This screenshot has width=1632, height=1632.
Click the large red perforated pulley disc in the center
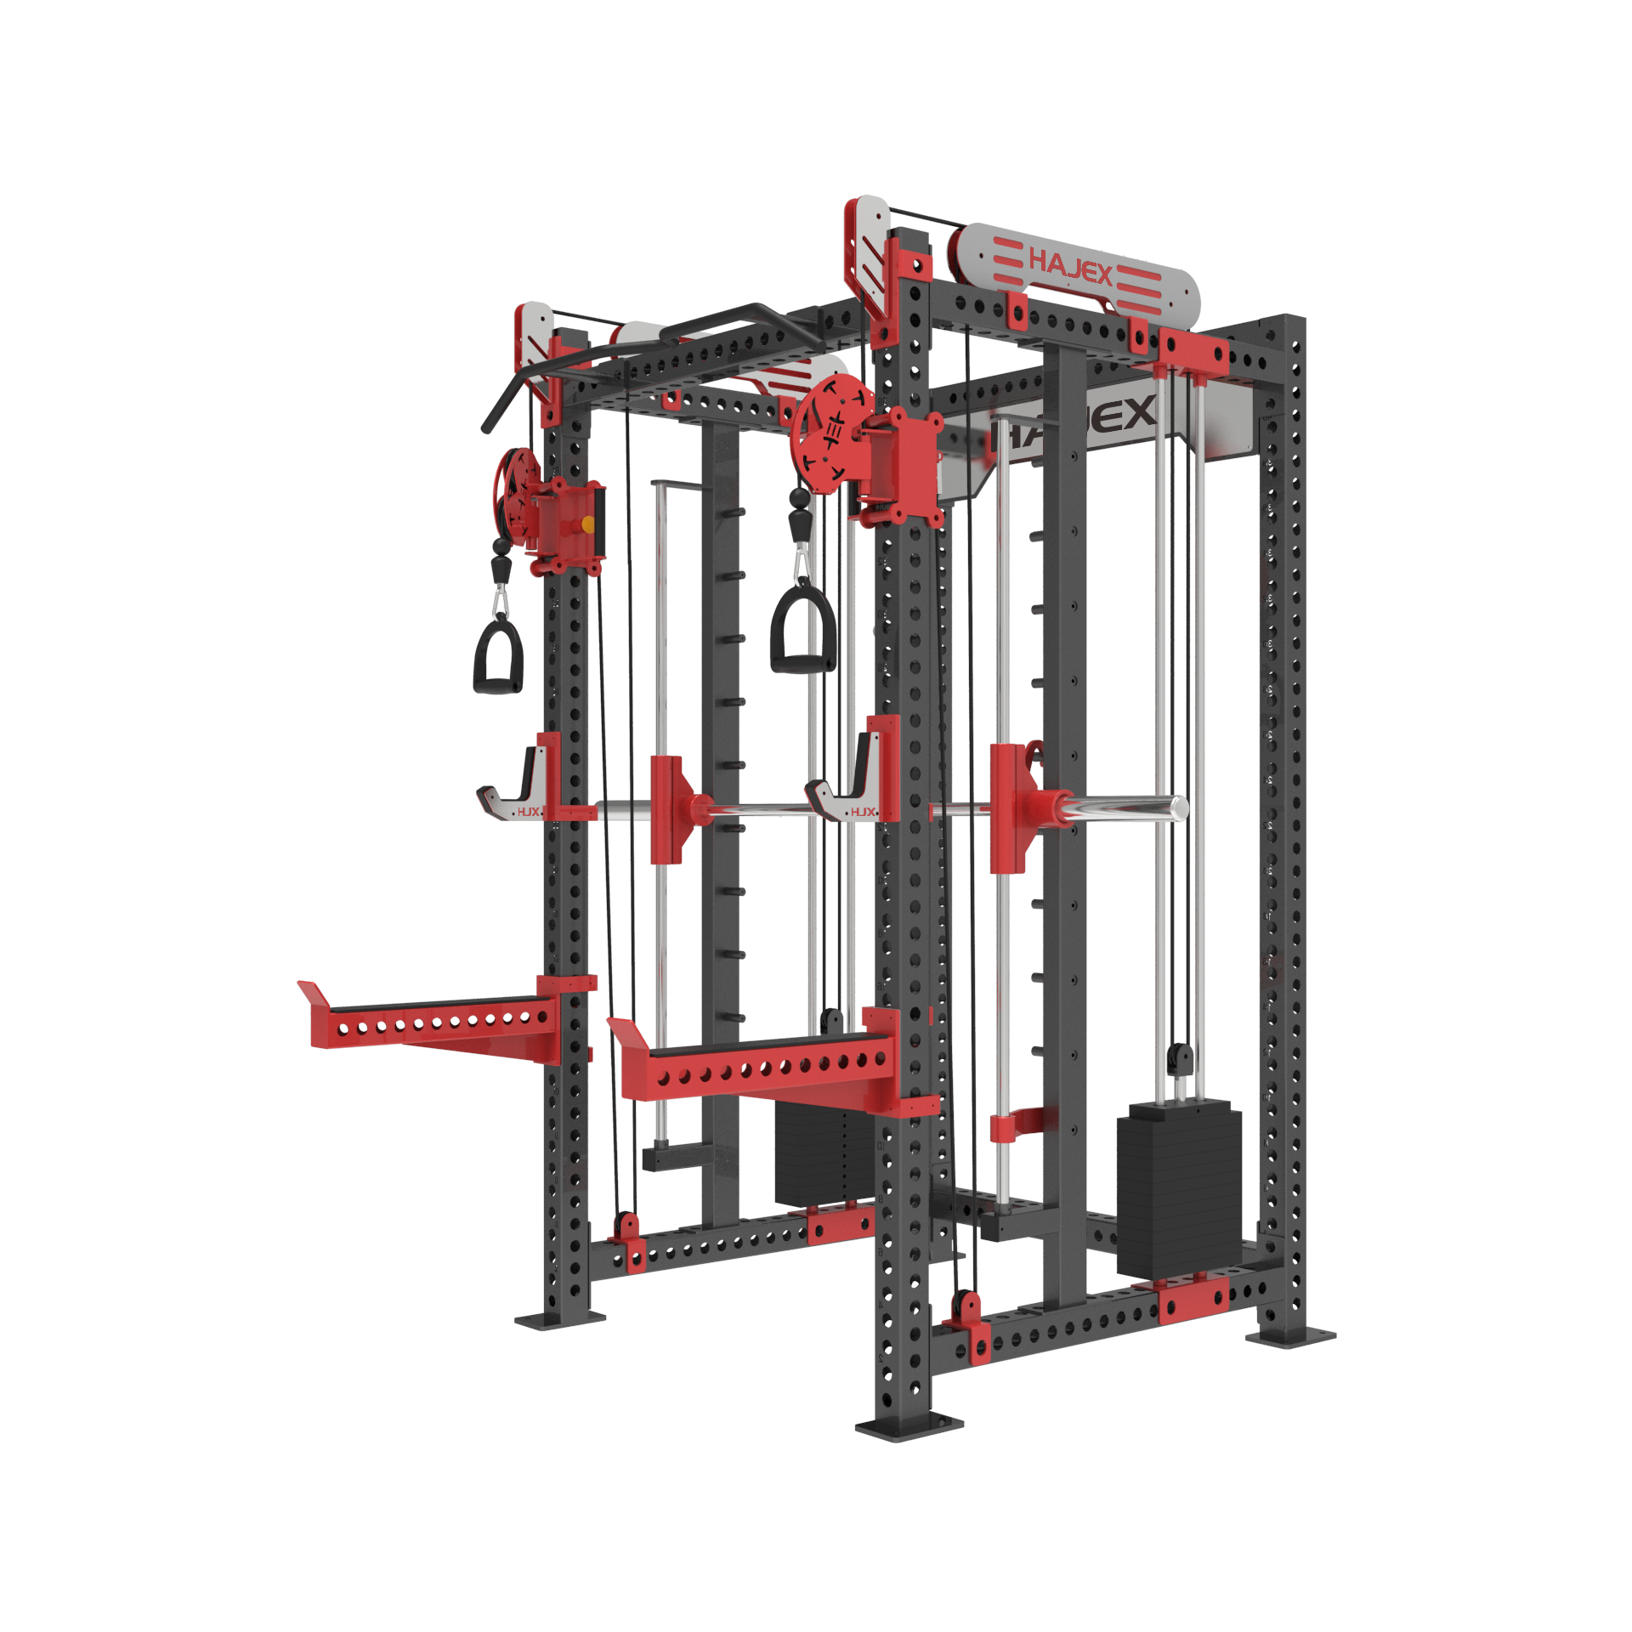click(828, 434)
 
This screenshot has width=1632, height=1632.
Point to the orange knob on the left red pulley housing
click(587, 524)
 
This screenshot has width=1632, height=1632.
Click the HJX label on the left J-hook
click(528, 812)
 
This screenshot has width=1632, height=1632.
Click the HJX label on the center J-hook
click(862, 812)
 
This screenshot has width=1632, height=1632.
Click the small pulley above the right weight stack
click(1179, 1059)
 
